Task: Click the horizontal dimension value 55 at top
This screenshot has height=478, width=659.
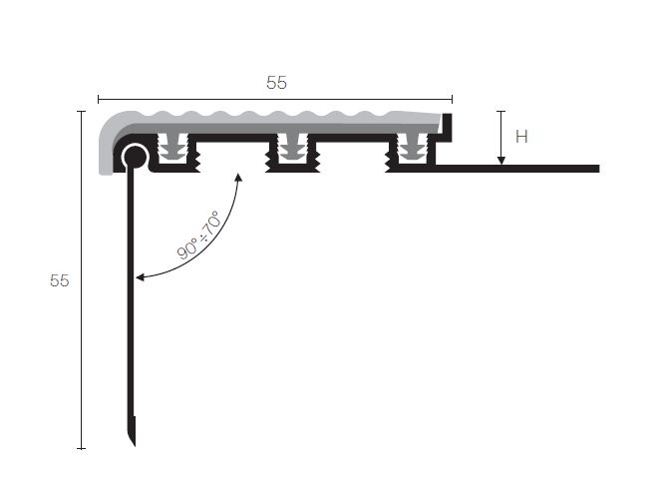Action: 276,83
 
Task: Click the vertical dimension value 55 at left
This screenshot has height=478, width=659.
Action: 59,280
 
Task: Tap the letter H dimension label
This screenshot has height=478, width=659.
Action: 521,137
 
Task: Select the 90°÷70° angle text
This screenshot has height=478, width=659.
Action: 198,235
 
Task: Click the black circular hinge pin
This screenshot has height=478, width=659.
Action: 135,157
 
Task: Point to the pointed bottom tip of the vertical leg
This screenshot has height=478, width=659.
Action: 134,445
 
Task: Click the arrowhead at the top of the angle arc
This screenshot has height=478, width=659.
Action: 238,178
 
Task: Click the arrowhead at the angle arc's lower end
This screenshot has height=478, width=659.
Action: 141,276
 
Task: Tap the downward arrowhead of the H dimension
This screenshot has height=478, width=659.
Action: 500,161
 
